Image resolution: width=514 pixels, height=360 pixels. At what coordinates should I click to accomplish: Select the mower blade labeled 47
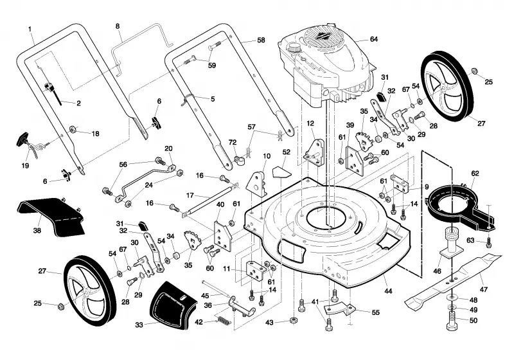coord(452,280)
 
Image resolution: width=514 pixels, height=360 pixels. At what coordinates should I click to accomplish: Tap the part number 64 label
coord(374,39)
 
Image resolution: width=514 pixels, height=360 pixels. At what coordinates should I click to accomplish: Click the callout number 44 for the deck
coord(388,291)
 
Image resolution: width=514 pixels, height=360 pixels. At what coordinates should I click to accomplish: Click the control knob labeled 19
coord(26,143)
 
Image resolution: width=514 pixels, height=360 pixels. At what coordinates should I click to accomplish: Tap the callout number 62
coord(475,174)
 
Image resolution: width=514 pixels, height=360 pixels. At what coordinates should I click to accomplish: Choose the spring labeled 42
coord(224,319)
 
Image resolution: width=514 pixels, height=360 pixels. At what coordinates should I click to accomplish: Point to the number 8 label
coord(118,26)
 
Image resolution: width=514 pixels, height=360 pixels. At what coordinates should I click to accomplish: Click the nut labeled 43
coord(294,320)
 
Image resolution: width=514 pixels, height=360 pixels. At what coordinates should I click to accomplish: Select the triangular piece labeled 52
coord(281,172)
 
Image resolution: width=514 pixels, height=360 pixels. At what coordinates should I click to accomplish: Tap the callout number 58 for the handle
coord(261,40)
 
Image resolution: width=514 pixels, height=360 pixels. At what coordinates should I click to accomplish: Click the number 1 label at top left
coord(30,30)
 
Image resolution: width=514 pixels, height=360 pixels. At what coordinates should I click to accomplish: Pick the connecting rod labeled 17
coord(210,200)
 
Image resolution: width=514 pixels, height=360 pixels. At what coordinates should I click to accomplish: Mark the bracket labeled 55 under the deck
coord(339,310)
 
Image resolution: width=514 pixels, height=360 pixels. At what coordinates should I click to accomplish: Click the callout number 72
coord(233,143)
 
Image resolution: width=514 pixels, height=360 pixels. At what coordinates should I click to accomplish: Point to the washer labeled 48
coord(452,298)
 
